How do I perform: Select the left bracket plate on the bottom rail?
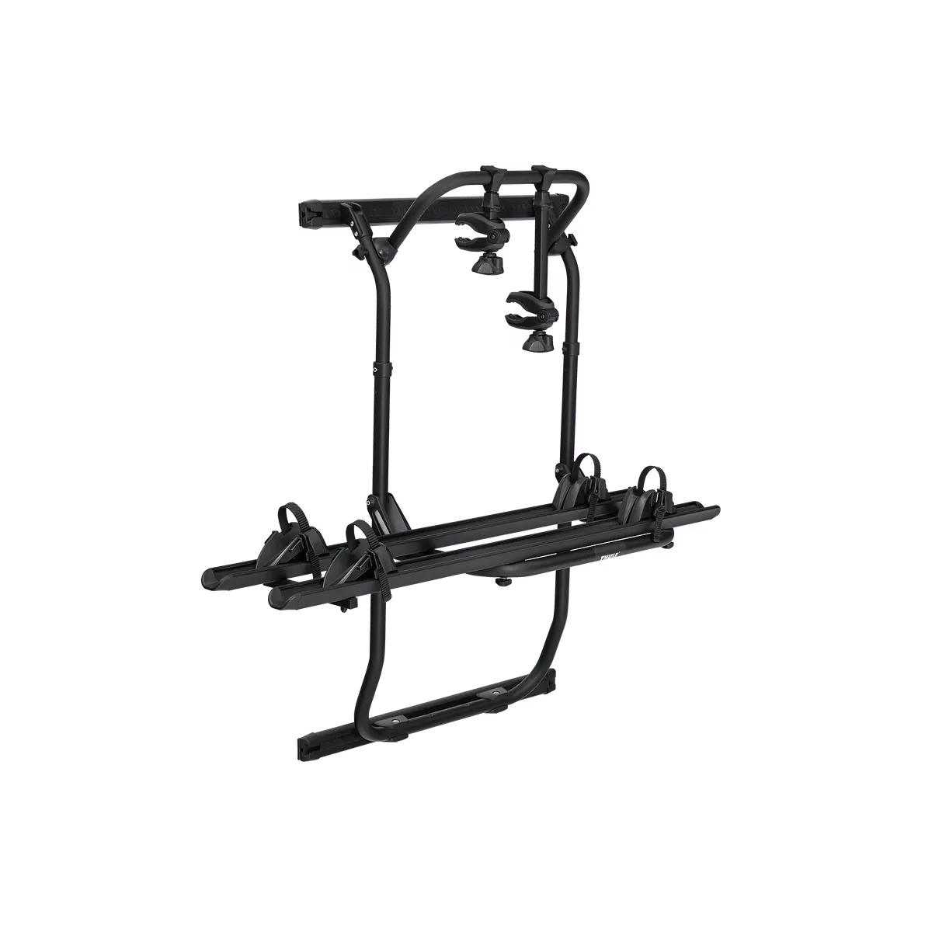coord(396,721)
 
